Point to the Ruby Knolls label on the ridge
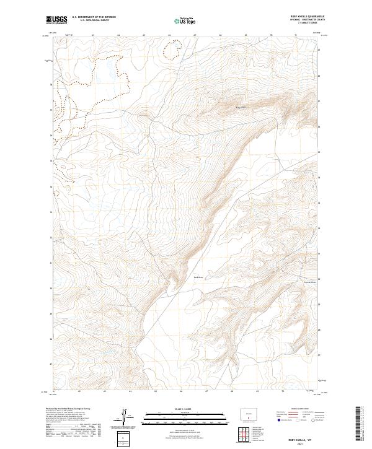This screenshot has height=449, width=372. coord(242,108)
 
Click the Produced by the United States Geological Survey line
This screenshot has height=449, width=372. coord(68,409)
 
